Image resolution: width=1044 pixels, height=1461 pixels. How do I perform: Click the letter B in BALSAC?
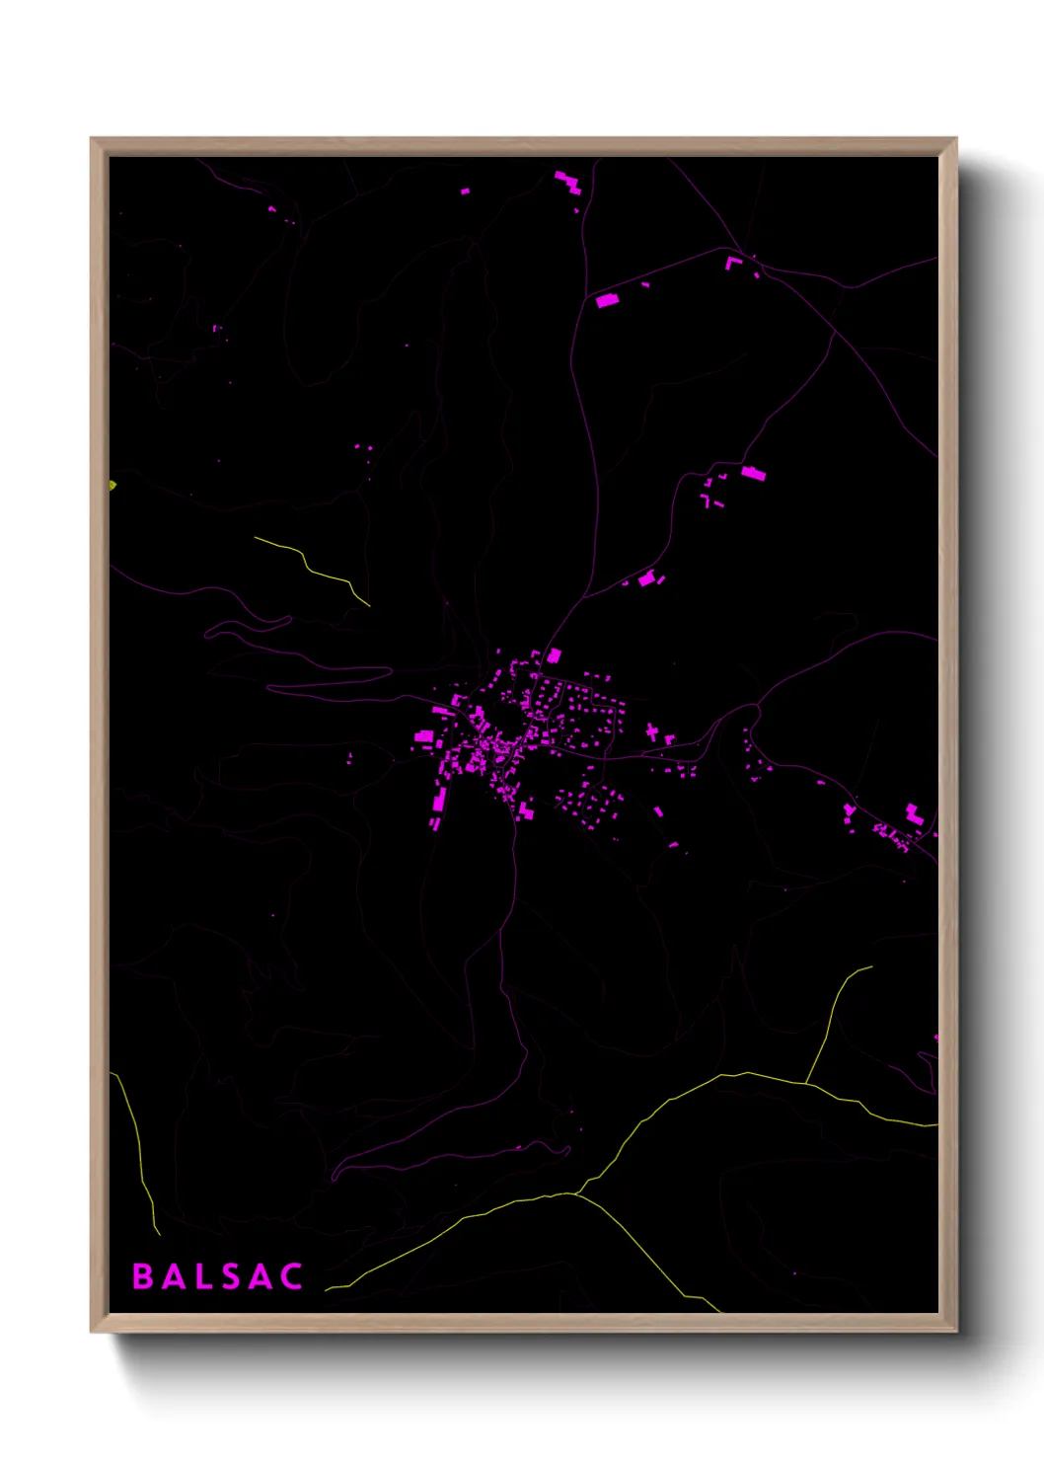(143, 1276)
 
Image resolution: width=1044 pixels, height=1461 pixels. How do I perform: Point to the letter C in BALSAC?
(291, 1276)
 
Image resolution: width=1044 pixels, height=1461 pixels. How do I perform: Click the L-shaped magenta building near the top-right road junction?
(732, 263)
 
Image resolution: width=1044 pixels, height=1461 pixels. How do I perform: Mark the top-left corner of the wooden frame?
(92, 139)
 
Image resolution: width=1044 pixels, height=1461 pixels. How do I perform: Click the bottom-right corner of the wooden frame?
(955, 1331)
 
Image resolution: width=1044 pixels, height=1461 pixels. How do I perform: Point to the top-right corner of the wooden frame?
(955, 139)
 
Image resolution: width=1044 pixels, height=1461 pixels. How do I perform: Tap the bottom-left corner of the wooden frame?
(92, 1331)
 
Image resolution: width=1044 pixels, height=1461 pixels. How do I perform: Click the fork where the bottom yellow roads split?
(575, 1193)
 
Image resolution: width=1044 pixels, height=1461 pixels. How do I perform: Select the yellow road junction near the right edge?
(807, 1083)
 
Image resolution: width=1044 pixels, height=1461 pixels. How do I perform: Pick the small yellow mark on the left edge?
(112, 485)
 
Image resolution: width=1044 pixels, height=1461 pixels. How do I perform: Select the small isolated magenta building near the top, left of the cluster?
(465, 191)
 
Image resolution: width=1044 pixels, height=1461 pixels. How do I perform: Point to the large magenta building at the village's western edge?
(423, 735)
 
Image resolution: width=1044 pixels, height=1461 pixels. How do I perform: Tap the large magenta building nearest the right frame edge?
(914, 814)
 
